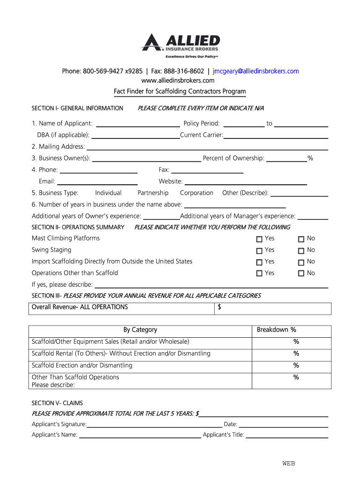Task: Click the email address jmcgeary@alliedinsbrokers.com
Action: click(x=256, y=71)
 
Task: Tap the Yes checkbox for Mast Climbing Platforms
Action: click(x=259, y=239)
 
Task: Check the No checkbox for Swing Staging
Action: click(x=301, y=251)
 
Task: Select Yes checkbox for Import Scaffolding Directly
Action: click(x=259, y=262)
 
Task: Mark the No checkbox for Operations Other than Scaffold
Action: click(x=301, y=274)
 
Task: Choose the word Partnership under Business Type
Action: click(x=153, y=193)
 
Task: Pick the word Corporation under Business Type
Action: click(x=196, y=193)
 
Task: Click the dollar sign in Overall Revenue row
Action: click(x=220, y=307)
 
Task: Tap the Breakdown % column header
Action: click(x=276, y=330)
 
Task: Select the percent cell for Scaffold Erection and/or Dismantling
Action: click(x=296, y=365)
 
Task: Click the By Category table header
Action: click(x=140, y=330)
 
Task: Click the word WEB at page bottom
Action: click(x=288, y=464)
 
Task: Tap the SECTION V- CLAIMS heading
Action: click(x=57, y=403)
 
